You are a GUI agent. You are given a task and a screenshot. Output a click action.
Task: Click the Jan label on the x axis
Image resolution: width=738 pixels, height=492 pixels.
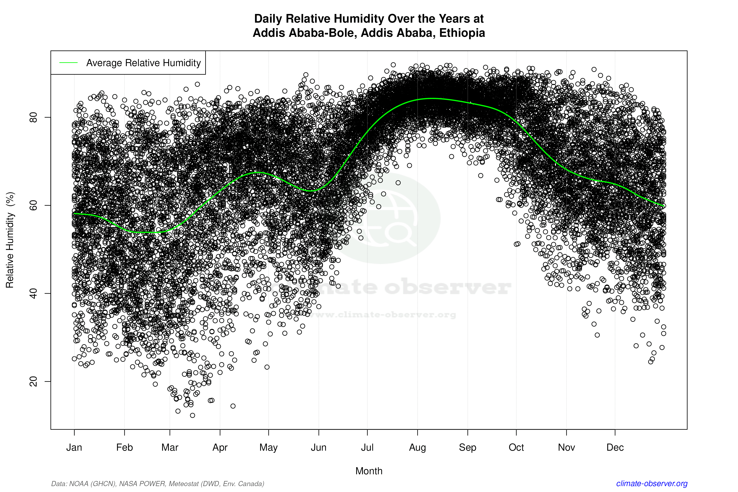click(74, 448)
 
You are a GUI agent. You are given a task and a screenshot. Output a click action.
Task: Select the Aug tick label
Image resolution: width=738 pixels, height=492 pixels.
click(417, 448)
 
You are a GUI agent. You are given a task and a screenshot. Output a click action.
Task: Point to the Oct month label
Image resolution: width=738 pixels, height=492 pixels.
click(516, 448)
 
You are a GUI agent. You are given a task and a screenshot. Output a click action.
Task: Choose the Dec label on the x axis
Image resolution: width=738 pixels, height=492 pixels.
click(615, 448)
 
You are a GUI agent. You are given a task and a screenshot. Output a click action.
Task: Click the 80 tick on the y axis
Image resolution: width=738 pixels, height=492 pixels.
click(33, 117)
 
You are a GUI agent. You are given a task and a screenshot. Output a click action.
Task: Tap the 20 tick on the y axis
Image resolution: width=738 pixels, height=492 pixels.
click(33, 382)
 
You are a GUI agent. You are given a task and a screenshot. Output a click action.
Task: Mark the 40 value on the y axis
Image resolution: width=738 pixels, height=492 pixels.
click(33, 293)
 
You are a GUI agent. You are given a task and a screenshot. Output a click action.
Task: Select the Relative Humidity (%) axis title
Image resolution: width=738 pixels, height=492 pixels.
click(10, 240)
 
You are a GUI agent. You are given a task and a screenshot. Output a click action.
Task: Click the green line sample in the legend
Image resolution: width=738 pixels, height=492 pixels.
click(68, 63)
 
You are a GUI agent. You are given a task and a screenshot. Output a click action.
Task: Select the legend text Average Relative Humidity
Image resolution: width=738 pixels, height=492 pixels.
click(143, 63)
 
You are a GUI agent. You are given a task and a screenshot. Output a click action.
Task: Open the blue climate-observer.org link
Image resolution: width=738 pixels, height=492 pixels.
click(652, 484)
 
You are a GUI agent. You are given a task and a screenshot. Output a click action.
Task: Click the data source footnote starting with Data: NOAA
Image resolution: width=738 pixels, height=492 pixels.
click(157, 484)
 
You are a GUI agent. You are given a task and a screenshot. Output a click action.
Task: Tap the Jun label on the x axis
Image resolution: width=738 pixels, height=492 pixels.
click(318, 448)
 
